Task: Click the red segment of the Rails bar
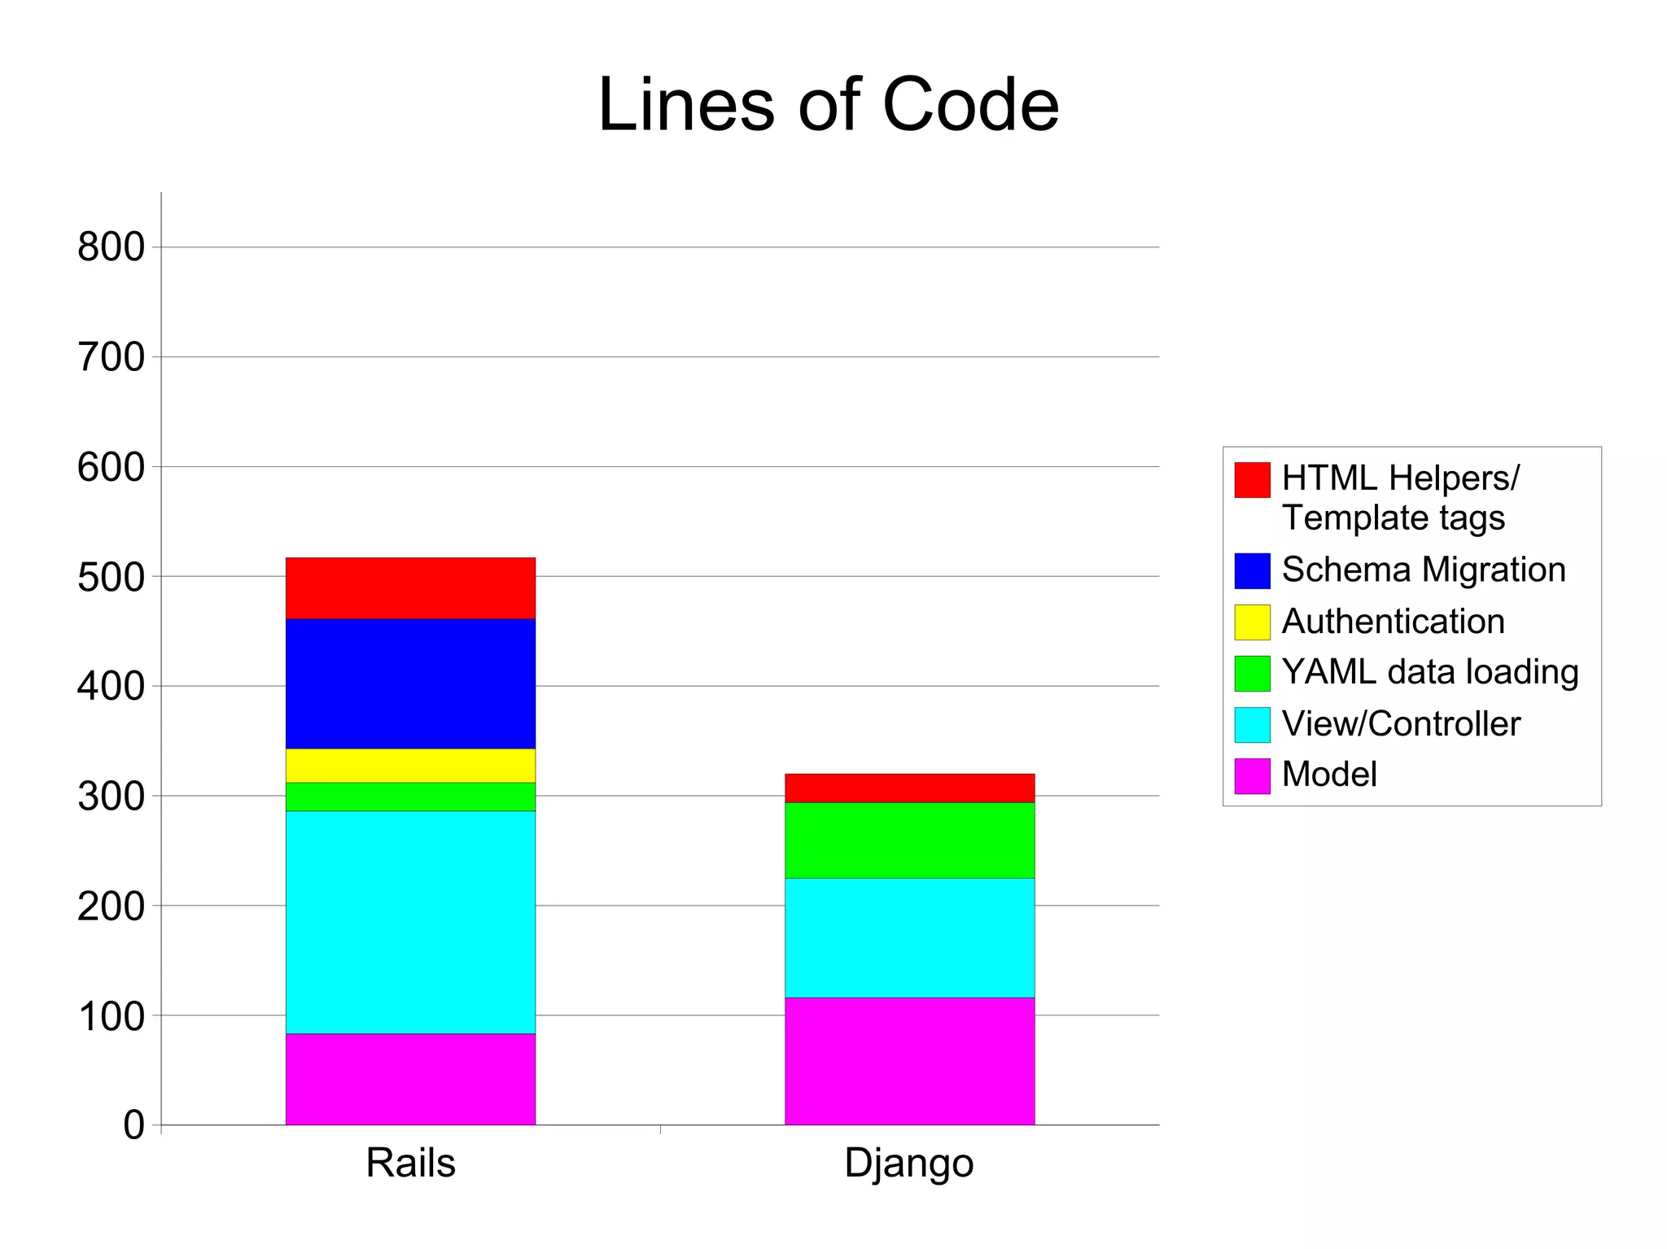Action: (410, 587)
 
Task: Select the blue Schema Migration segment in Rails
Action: (410, 683)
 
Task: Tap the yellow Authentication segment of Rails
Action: (410, 765)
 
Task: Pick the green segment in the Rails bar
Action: (410, 797)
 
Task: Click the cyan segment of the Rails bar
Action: (410, 922)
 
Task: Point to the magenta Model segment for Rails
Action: (410, 1079)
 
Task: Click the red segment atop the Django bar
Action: (909, 788)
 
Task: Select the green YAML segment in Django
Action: (909, 840)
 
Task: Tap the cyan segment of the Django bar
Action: (909, 937)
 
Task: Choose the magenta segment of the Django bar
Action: (909, 1061)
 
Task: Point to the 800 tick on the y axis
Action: (111, 247)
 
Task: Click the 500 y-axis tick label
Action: (111, 577)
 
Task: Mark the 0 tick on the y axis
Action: (133, 1125)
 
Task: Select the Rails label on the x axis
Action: (410, 1162)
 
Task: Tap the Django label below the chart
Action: (908, 1164)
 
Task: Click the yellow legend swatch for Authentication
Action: (1252, 622)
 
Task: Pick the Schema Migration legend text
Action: (1423, 570)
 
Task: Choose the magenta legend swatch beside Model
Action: (1252, 775)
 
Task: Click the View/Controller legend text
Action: (1400, 723)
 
